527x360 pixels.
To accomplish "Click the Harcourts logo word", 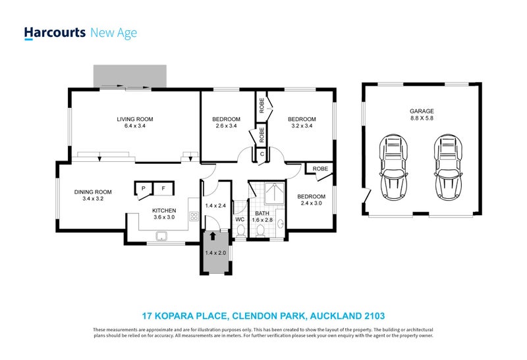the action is pyautogui.click(x=55, y=33).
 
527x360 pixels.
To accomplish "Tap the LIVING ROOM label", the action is pyautogui.click(x=135, y=119).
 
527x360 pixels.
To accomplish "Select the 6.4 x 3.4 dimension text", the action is pyautogui.click(x=135, y=126).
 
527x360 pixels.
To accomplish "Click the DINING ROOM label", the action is pyautogui.click(x=93, y=192).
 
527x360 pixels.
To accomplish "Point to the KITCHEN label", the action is pyautogui.click(x=164, y=211).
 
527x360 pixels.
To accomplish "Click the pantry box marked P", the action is pyautogui.click(x=144, y=188).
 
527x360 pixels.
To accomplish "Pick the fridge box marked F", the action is pyautogui.click(x=163, y=188).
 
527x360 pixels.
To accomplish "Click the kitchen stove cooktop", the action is pyautogui.click(x=194, y=216).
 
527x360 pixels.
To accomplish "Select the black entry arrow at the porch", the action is pyautogui.click(x=212, y=236).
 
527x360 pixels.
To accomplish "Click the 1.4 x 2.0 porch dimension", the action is pyautogui.click(x=215, y=253).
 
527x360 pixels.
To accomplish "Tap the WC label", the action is pyautogui.click(x=240, y=219).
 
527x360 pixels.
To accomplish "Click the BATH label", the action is pyautogui.click(x=262, y=213).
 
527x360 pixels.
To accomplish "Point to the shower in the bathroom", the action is pyautogui.click(x=274, y=193).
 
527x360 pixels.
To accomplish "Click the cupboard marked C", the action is pyautogui.click(x=262, y=155).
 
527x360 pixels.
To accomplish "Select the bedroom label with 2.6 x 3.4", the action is pyautogui.click(x=226, y=119).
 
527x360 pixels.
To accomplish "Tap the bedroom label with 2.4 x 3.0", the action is pyautogui.click(x=311, y=197).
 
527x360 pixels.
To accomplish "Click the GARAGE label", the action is pyautogui.click(x=422, y=111).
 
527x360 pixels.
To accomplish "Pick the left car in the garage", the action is pyautogui.click(x=393, y=167).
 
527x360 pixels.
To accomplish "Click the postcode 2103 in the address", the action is pyautogui.click(x=375, y=316).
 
